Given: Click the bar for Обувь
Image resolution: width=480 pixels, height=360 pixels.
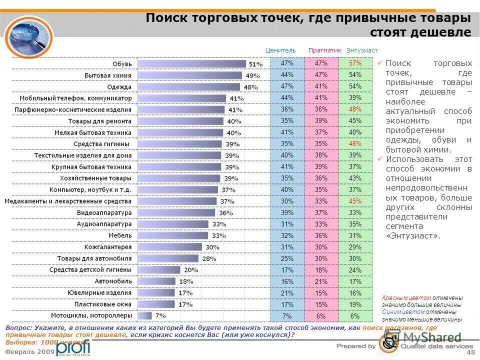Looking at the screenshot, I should [192, 64].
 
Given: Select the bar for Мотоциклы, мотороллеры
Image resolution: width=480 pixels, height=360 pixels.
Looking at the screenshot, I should [144, 315].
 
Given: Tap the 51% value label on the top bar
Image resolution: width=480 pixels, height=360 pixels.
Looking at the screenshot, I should [256, 64].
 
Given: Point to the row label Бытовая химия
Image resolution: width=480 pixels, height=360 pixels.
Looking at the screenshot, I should [107, 75].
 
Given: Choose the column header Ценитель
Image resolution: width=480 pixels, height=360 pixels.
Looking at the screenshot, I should [281, 50].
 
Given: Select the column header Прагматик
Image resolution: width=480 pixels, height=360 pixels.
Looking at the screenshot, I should [324, 50].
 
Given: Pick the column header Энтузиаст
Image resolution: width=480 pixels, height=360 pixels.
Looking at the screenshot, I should [362, 50].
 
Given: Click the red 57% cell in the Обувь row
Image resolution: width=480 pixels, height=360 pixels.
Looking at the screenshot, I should [355, 63].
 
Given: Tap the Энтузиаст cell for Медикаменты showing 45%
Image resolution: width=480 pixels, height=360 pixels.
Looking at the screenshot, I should [355, 201].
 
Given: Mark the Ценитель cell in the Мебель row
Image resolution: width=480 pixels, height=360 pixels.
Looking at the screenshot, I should [287, 235].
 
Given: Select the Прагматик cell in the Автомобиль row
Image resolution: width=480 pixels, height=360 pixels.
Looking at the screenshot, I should [321, 281].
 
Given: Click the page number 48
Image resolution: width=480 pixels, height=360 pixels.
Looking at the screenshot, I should [470, 353].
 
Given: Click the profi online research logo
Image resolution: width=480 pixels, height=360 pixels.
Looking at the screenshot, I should [73, 348].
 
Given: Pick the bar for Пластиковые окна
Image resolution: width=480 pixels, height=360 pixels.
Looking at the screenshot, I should [156, 304].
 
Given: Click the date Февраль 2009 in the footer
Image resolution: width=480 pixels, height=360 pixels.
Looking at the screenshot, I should [29, 351].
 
